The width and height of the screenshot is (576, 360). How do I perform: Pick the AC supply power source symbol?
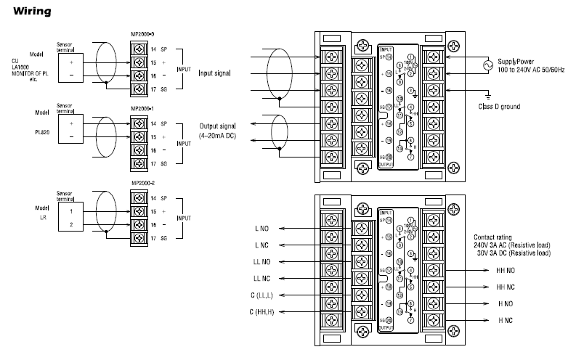point(480,66)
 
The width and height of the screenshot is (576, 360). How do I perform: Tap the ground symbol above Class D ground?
point(488,94)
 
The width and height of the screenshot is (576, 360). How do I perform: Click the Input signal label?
point(215,73)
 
